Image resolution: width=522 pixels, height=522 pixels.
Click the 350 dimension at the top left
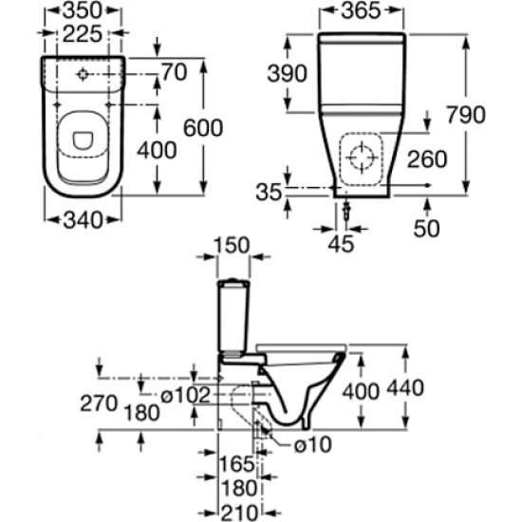82,10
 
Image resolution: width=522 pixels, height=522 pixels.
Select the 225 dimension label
82,34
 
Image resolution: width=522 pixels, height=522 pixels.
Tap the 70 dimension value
175,72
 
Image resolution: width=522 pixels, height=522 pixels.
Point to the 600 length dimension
203,128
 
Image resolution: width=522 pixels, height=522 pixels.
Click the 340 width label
84,220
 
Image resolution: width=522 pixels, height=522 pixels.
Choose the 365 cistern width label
361,10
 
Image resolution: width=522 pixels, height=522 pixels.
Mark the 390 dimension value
287,74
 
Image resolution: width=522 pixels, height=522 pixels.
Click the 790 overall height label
466,115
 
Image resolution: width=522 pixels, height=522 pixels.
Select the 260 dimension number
427,159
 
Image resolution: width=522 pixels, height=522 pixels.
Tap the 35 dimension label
269,193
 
